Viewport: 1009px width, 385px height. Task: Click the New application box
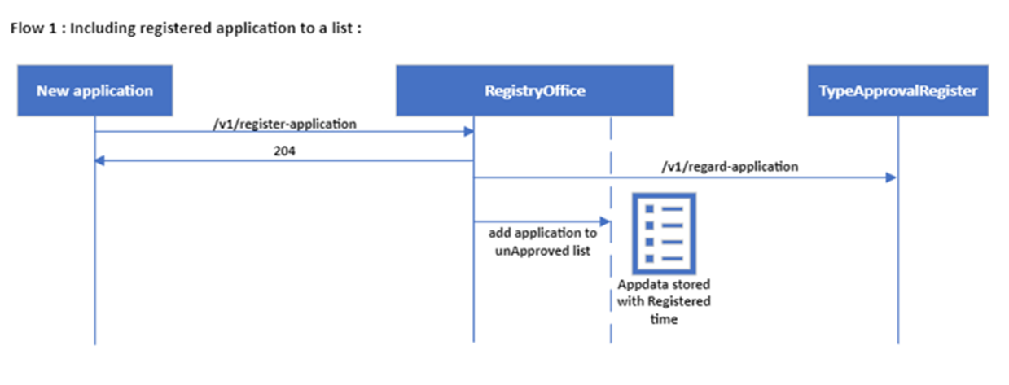click(94, 90)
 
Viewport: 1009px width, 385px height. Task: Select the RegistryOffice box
click(534, 90)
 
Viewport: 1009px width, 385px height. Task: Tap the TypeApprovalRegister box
click(897, 90)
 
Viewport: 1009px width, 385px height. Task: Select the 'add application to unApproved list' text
click(542, 242)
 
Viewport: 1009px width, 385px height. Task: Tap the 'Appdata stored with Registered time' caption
click(664, 302)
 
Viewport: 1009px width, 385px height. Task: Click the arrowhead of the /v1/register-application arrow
click(469, 131)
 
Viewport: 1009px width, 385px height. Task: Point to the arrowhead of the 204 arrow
click(99, 160)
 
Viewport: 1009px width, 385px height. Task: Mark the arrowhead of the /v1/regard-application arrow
click(892, 177)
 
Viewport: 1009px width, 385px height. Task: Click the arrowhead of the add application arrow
click(606, 221)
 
